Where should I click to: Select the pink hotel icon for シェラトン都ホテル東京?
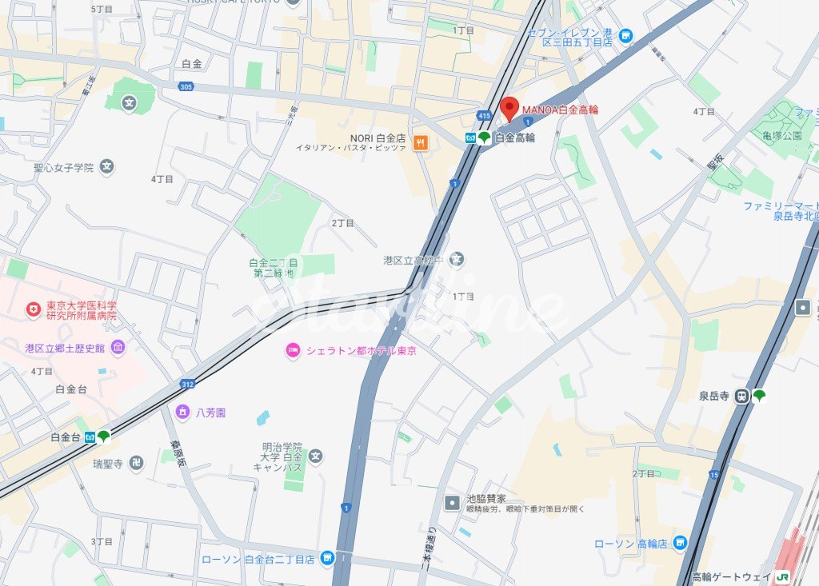click(x=294, y=350)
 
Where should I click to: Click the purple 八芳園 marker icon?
click(x=182, y=413)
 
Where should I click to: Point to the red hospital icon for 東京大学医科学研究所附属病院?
click(x=33, y=309)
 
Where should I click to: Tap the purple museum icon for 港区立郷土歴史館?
click(x=118, y=347)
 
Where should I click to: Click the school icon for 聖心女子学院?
click(x=107, y=167)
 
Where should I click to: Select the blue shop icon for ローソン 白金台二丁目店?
click(x=326, y=558)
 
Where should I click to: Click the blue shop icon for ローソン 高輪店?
click(x=680, y=543)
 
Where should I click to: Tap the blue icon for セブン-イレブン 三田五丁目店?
click(x=625, y=36)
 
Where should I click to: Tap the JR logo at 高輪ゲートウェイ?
click(x=783, y=576)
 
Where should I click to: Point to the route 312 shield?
click(x=187, y=384)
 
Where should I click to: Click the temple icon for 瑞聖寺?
click(x=135, y=463)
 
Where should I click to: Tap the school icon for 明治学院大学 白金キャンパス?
click(x=316, y=456)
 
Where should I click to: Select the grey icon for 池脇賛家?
click(x=453, y=502)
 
